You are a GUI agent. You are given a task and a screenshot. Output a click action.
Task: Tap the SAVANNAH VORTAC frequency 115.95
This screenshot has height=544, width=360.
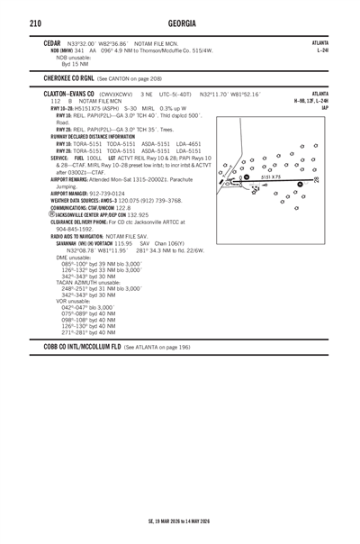point(99,243)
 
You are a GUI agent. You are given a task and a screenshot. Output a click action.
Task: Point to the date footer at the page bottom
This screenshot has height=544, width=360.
point(180,520)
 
